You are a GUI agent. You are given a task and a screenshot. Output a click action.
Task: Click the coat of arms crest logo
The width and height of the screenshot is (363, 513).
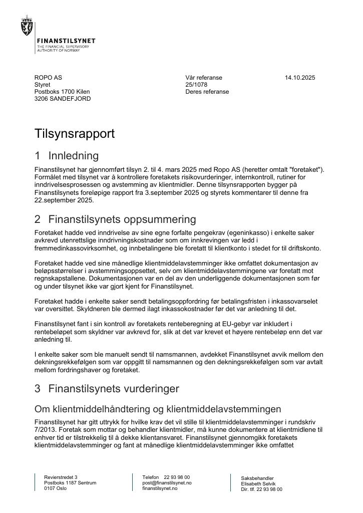click(x=27, y=25)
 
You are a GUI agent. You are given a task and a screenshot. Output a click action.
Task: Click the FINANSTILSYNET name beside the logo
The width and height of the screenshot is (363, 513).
click(x=66, y=41)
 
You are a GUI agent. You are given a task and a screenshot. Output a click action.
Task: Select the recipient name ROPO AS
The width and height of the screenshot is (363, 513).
click(x=48, y=78)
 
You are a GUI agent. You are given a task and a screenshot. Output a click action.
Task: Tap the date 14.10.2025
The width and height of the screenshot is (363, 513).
click(x=300, y=78)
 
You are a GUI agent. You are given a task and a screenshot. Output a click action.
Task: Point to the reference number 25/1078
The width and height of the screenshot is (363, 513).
click(x=196, y=85)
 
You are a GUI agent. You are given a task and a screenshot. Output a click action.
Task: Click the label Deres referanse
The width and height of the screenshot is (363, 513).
click(x=207, y=92)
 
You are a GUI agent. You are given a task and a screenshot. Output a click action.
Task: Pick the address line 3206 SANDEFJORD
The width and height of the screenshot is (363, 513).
click(x=63, y=99)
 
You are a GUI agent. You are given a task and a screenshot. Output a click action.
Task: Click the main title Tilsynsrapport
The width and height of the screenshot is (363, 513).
click(x=75, y=134)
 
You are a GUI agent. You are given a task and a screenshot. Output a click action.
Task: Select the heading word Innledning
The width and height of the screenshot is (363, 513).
click(x=74, y=156)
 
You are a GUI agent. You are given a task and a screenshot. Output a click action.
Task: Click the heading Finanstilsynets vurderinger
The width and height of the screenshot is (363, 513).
click(x=114, y=389)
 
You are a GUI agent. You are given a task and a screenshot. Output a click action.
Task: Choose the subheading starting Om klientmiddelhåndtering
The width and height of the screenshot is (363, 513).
click(x=158, y=409)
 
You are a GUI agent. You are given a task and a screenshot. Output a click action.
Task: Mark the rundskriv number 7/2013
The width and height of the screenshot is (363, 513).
click(x=45, y=430)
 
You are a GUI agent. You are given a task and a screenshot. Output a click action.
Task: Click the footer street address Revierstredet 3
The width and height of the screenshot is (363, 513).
click(x=61, y=477)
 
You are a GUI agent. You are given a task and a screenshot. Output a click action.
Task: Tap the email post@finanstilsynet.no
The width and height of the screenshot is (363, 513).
click(x=167, y=483)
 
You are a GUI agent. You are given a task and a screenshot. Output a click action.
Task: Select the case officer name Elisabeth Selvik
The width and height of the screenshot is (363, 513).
click(x=258, y=484)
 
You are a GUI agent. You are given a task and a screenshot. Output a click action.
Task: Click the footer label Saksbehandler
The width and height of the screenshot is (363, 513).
click(x=257, y=478)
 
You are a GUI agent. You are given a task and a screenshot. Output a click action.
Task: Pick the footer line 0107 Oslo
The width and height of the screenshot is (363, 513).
click(x=55, y=488)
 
